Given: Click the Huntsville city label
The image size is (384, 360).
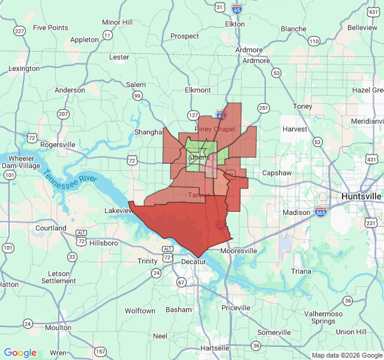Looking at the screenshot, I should tap(361, 196).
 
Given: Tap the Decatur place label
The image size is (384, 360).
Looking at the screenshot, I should tap(193, 262).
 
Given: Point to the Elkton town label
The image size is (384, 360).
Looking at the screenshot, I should tap(235, 24).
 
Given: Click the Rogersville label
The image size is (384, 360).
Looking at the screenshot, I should tap(58, 145).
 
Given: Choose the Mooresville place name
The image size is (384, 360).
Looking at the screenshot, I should tap(239, 251).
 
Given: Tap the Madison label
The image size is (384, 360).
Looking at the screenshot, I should tap(296, 212).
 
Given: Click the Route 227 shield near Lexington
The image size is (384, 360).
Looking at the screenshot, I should tap(20, 31).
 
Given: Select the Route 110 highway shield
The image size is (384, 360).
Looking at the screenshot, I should tap(314, 41).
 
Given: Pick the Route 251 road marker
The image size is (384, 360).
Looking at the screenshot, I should tap(263, 108).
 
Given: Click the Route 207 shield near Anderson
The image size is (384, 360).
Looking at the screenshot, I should tap(63, 113).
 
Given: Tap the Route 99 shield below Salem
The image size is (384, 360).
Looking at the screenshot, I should tap(137, 96).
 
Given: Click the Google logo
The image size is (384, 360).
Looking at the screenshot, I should tap(20, 353).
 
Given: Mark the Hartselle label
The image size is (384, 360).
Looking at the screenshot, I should tap(215, 348).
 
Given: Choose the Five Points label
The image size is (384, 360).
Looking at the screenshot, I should tap(50, 28).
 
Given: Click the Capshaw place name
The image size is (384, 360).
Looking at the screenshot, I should tap(276, 173).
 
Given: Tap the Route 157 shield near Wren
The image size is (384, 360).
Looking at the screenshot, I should tap(100, 352).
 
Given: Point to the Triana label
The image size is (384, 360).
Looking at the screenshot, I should tap(302, 271).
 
